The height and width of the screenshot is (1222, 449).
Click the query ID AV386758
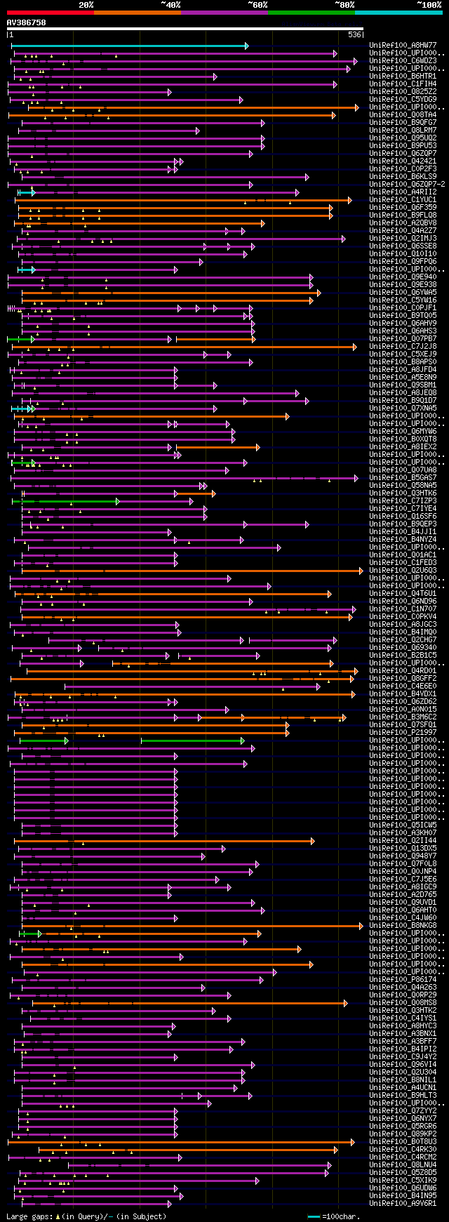point(27,22)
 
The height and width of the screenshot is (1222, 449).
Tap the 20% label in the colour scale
point(86,5)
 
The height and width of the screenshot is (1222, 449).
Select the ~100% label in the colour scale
point(429,5)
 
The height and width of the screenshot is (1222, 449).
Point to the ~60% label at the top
point(257,5)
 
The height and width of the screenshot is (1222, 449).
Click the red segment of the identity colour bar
point(50,12)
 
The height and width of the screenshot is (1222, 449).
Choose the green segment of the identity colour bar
point(311,12)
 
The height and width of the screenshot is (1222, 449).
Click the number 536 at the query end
point(354,34)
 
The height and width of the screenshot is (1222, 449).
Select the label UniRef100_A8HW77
point(403,46)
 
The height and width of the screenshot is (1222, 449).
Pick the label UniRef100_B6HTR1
point(403,77)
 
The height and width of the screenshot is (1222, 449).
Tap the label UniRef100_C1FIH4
point(403,84)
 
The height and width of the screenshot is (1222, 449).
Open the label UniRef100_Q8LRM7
point(403,131)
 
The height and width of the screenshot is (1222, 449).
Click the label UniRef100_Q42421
point(403,161)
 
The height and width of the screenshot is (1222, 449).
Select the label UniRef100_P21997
point(403,733)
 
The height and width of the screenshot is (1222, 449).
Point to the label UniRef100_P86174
point(403,980)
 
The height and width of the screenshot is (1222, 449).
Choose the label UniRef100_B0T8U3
point(403,1142)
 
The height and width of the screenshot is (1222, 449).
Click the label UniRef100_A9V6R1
point(403,1204)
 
